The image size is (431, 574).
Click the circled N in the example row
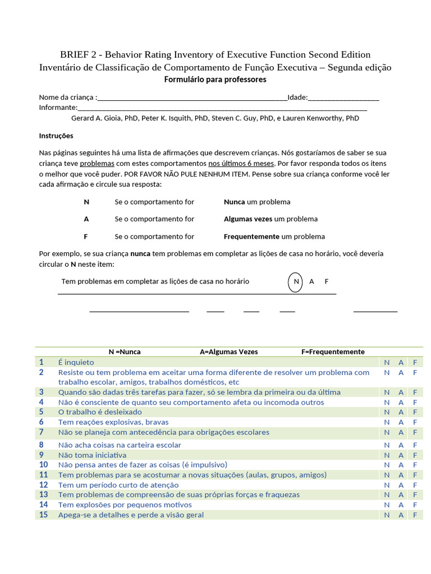[x=296, y=281]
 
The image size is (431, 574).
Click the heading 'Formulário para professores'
[x=215, y=80]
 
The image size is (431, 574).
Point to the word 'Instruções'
[x=56, y=136]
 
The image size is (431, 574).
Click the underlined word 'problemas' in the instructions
[x=97, y=163]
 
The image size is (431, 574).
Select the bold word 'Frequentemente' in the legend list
[x=251, y=237]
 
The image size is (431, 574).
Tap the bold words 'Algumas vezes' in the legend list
[x=247, y=219]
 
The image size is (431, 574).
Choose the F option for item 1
[x=415, y=363]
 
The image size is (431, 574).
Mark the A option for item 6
[x=401, y=422]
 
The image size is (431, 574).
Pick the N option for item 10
[x=386, y=465]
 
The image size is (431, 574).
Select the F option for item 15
[x=415, y=515]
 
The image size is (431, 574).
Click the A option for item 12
[x=401, y=485]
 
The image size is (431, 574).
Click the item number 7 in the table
[x=41, y=432]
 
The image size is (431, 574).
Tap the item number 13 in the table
[x=43, y=495]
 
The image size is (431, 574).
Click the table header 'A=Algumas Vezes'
[x=229, y=352]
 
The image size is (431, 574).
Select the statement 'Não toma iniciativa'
[x=92, y=455]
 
